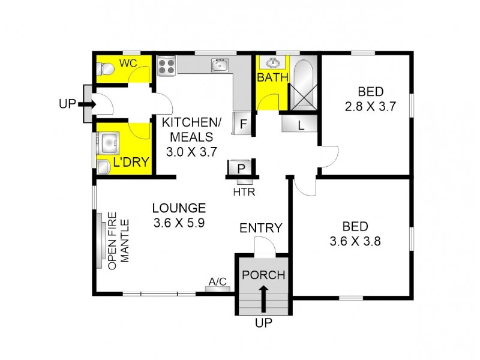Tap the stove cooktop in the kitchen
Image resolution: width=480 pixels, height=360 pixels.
pos(166,65)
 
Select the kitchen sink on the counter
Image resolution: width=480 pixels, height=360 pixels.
pos(219,64)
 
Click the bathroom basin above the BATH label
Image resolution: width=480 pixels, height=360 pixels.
pos(273,62)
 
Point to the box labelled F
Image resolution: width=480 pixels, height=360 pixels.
pos(243,124)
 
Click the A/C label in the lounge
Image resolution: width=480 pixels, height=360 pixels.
pos(217,281)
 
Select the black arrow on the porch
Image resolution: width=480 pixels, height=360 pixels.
pos(263,298)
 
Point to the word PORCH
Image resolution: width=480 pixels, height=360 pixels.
pos(263,275)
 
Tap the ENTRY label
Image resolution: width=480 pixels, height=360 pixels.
pos(261,228)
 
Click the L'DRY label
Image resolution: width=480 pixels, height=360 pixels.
pos(131,162)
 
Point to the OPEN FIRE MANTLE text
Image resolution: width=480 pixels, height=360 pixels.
pos(118,240)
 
